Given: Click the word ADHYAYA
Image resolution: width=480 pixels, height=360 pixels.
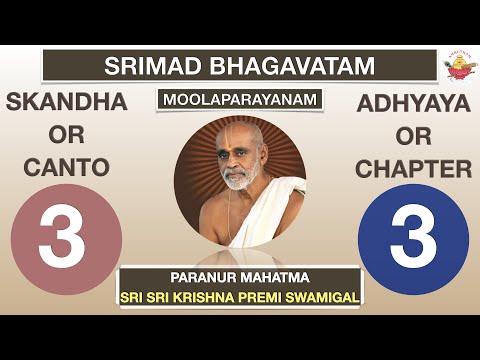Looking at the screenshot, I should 413,103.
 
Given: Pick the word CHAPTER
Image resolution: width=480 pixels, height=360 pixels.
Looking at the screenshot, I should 413,168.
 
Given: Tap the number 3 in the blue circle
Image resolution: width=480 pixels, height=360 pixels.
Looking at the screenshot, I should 413,240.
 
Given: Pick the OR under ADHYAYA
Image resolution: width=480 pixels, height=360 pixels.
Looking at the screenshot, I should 413,136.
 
